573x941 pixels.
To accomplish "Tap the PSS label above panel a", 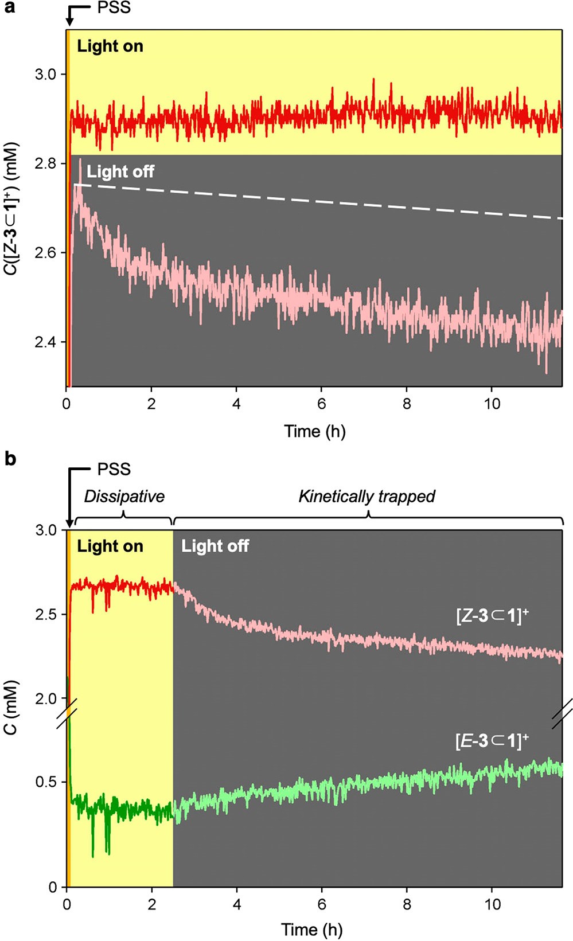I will click(x=114, y=8).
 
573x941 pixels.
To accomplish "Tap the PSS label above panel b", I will click(x=114, y=469).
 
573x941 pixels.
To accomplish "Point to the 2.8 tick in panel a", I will click(x=45, y=164).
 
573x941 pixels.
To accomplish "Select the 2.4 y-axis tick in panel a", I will click(x=45, y=342).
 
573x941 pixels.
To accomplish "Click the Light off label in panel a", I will click(x=120, y=171).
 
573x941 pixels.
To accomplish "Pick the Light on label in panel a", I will click(x=110, y=46).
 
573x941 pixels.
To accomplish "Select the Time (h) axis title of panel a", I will click(x=315, y=431).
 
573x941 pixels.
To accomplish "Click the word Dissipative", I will click(x=124, y=497).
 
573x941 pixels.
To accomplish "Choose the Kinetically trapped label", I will click(x=367, y=497).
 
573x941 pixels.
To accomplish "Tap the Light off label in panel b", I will click(x=215, y=546).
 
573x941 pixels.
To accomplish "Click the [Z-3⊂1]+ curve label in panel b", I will click(x=492, y=616).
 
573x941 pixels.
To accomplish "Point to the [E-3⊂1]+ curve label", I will click(x=492, y=741).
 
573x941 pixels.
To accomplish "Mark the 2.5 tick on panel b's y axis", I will click(x=45, y=614).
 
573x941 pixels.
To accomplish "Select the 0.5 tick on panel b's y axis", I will click(x=45, y=783).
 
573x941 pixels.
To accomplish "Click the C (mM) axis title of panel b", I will click(x=11, y=707).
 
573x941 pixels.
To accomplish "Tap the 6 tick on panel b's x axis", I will click(x=322, y=904).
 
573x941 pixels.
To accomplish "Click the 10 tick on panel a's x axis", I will click(x=492, y=404).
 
